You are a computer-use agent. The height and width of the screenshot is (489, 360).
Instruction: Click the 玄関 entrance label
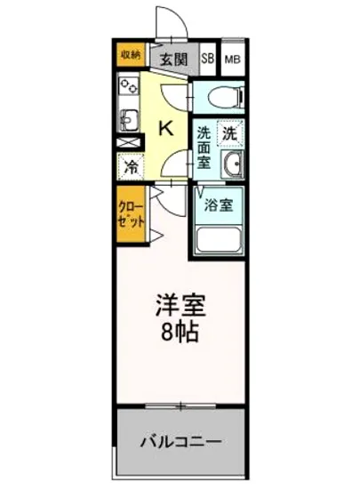coord(174,60)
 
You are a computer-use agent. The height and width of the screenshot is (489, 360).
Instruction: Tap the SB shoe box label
coord(207,60)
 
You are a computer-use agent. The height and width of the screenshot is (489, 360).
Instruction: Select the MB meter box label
coord(232,60)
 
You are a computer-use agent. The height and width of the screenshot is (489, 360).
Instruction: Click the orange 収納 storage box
coord(130,55)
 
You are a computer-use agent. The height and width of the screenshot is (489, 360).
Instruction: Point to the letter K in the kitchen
coord(165,127)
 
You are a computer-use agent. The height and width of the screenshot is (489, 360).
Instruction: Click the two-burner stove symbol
coord(129,87)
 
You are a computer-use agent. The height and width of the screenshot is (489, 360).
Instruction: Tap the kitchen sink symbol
coord(128,116)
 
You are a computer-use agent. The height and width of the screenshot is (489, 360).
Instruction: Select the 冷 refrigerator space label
coord(130,165)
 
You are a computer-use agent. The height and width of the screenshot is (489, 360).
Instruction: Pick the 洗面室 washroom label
coord(203,148)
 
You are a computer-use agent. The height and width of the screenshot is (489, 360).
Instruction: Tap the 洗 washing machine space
coord(229,134)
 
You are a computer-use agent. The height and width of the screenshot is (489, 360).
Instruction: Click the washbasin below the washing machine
coord(233,163)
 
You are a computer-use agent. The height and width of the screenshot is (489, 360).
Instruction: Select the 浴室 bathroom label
coord(219,205)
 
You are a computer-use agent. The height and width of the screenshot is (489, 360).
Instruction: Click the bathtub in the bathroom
coord(219,240)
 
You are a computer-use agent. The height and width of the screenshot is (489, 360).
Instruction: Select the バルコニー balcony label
coord(181,441)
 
